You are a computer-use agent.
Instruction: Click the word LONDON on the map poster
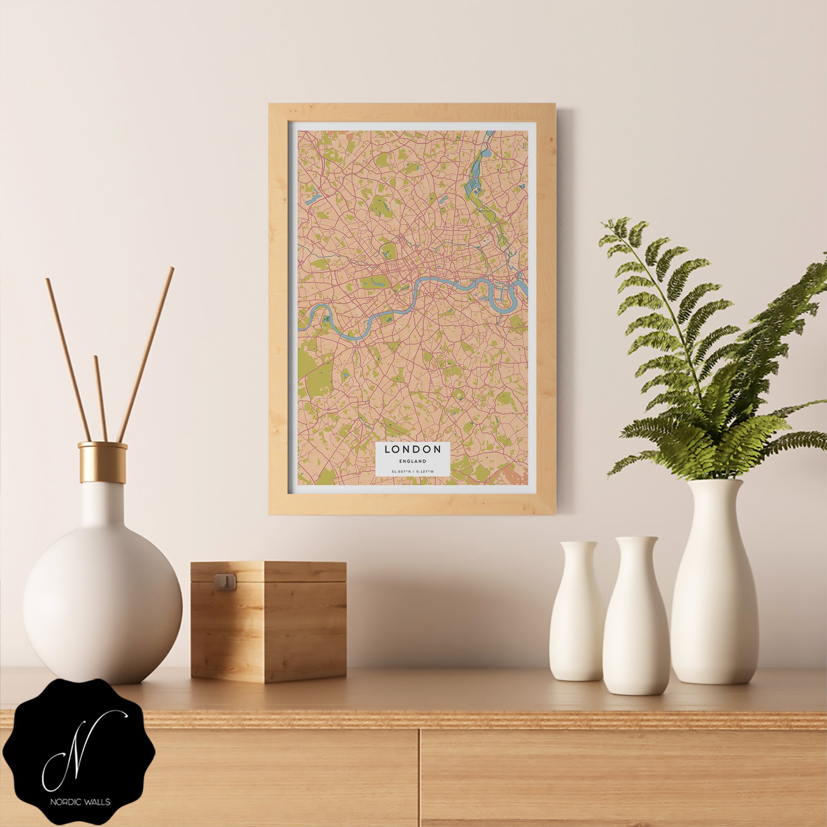pos(413,449)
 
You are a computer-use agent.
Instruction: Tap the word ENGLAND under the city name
pos(413,461)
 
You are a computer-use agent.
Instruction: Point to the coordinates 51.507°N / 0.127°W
pos(413,472)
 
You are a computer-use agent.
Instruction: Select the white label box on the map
pos(413,459)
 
